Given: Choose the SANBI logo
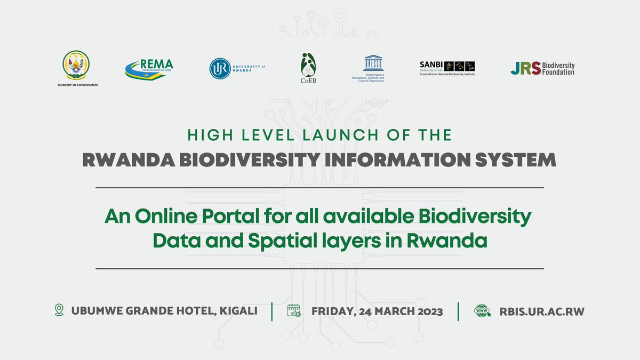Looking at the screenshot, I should point(447,67).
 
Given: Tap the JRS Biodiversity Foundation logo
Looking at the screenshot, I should point(542,68).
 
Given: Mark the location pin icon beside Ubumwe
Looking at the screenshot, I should point(59,310).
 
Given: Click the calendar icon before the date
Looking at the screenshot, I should point(294,311).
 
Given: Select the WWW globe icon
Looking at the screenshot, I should point(483,311).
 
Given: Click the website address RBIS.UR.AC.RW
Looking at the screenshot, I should point(541,311).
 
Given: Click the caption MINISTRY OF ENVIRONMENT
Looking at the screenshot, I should point(78,85).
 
